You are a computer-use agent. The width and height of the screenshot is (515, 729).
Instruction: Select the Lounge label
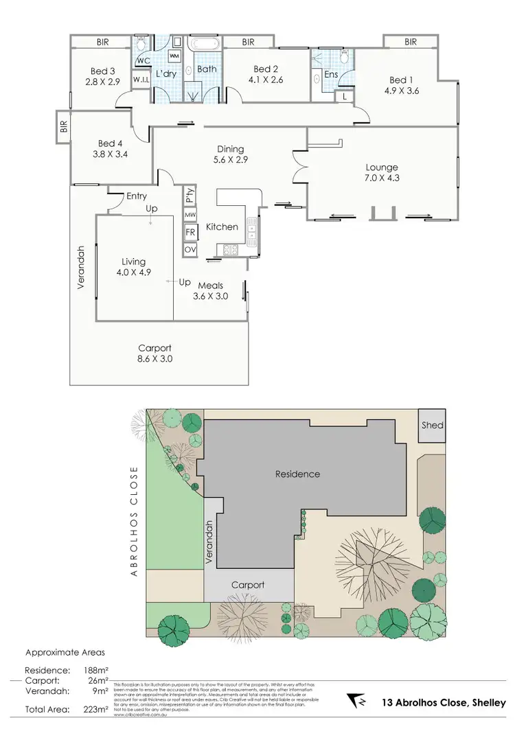(x=382, y=167)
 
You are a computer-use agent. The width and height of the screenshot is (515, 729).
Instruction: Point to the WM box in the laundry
(x=174, y=55)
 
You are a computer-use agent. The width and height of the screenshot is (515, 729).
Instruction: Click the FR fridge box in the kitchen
(x=190, y=233)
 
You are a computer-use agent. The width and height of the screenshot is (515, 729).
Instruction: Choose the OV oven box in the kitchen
(x=190, y=250)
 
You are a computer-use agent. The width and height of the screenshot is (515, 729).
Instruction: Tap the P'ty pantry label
(x=190, y=196)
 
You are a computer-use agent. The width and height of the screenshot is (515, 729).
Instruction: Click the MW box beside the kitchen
(x=190, y=216)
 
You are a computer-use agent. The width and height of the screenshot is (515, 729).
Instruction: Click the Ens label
(x=331, y=75)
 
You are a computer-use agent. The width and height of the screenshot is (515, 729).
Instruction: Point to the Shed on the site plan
(x=433, y=425)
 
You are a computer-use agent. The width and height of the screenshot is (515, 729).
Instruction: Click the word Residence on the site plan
(x=297, y=474)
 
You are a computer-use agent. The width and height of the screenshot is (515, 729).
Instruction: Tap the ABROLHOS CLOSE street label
(x=135, y=522)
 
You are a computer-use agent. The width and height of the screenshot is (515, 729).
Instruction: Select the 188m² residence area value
(x=99, y=669)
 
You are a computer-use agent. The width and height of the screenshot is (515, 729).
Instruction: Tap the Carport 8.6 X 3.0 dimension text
(x=154, y=358)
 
